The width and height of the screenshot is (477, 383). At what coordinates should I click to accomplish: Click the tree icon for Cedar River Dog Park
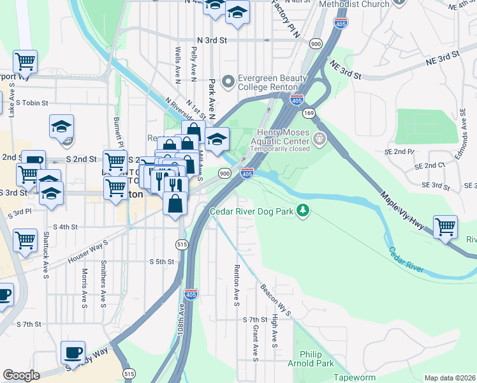point(305,210)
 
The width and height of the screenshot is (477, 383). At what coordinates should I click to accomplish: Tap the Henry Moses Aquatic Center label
point(282,141)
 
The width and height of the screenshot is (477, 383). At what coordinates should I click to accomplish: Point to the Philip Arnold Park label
point(313,358)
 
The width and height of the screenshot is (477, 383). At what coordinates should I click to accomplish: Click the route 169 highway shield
point(309,113)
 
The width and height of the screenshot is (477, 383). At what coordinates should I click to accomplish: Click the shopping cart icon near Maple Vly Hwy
point(445,226)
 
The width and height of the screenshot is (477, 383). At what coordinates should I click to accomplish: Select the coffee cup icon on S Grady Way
point(73,352)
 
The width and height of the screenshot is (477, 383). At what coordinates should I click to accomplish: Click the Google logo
point(21,375)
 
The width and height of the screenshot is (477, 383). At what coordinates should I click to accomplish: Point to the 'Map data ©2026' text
point(450,378)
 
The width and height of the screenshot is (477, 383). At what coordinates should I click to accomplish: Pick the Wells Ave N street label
point(178,64)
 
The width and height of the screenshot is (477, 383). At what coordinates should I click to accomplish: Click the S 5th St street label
point(161,262)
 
